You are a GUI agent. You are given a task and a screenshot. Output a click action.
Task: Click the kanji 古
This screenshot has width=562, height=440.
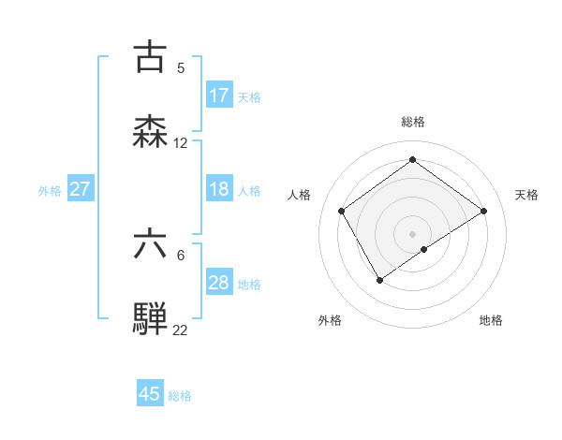151,58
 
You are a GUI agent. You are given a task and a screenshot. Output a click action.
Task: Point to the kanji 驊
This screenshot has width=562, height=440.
151,318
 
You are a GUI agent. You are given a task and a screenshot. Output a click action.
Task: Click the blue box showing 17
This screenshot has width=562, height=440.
219,95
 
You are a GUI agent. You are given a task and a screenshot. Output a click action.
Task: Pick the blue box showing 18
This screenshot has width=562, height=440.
219,189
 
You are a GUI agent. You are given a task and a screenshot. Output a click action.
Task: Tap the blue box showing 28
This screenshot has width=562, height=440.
219,283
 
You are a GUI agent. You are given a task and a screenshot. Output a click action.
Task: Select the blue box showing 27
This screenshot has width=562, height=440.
80,189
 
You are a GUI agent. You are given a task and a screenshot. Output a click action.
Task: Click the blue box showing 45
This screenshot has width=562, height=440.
150,394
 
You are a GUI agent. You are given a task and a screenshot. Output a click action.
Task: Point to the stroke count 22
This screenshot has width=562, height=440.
181,330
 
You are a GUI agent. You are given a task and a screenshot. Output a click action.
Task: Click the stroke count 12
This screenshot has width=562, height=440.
181,143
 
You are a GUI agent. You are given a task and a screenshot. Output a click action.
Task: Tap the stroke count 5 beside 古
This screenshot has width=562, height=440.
181,68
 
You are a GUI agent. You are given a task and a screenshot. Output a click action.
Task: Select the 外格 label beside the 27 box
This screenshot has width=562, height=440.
50,191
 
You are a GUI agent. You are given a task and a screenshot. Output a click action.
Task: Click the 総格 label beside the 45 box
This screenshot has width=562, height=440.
180,396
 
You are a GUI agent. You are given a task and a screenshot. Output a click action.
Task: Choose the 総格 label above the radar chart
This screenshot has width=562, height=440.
413,122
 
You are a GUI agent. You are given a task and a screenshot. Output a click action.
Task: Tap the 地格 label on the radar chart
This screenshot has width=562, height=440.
491,320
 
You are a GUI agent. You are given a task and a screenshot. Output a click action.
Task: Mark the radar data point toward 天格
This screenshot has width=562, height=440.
483,211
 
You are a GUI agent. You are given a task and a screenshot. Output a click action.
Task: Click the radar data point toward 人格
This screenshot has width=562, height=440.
342,211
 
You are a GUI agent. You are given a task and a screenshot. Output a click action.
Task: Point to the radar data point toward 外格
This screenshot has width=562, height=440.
380,279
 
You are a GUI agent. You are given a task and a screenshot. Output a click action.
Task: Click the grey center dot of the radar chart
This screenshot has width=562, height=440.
413,233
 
